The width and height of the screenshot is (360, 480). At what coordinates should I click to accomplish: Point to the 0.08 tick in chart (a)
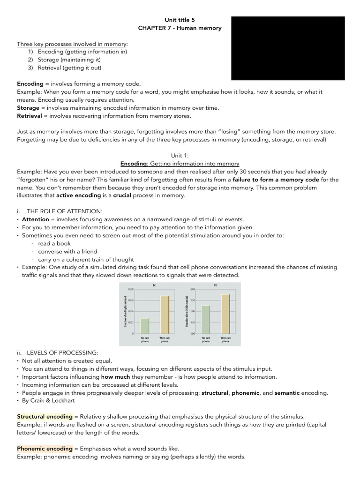click(x=131, y=290)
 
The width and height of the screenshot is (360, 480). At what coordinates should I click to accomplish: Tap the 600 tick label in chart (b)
click(x=193, y=290)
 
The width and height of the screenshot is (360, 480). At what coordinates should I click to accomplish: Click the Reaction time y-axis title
click(x=187, y=312)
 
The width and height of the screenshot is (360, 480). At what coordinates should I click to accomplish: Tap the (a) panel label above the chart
click(x=155, y=285)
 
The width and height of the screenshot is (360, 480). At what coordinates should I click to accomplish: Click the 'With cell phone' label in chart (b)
click(x=225, y=340)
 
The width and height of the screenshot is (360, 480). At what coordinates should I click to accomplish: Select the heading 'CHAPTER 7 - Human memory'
click(x=180, y=28)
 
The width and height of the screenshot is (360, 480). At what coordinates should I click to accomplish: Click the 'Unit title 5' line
click(x=180, y=20)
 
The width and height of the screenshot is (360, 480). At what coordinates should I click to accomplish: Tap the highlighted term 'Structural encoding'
click(x=45, y=416)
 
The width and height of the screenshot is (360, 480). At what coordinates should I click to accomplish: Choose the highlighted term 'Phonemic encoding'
click(x=45, y=449)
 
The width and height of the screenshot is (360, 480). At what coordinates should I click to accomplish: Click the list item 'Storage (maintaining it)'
click(x=69, y=60)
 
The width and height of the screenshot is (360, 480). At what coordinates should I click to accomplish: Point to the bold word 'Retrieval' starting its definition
click(x=30, y=116)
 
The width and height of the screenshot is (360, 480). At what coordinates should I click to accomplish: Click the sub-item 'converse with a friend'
click(x=67, y=251)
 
